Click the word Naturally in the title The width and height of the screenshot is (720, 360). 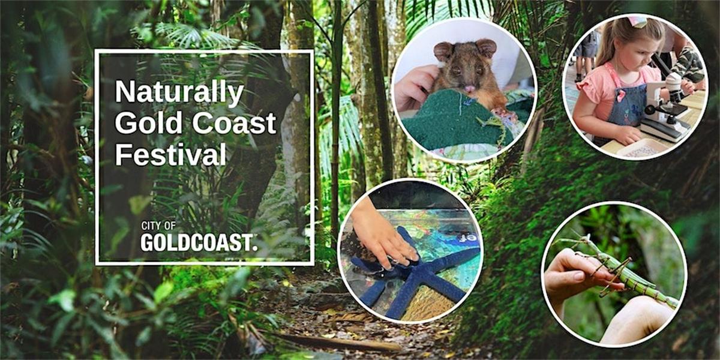click(179, 94)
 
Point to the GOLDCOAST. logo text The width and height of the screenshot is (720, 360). click(199, 242)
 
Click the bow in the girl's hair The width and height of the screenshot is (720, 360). click(638, 22)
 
